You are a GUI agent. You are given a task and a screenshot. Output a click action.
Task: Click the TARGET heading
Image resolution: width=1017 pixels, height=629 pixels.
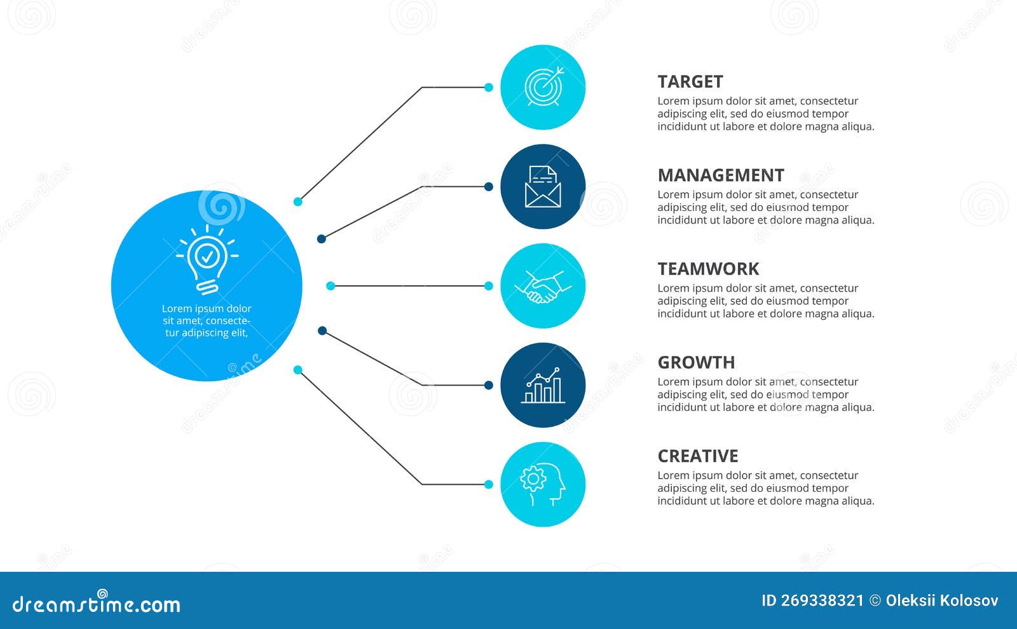(690, 82)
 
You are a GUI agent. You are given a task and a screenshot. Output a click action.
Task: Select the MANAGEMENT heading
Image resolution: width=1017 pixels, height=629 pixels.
(720, 175)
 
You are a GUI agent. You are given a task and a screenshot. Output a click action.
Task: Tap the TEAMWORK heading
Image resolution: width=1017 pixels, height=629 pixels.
(708, 269)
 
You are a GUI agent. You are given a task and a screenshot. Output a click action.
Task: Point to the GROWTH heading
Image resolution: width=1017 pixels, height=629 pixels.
(696, 363)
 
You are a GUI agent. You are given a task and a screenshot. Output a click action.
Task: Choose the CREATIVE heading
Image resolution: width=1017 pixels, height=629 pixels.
(697, 456)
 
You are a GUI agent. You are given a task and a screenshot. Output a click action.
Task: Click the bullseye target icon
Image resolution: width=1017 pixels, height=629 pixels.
(543, 87)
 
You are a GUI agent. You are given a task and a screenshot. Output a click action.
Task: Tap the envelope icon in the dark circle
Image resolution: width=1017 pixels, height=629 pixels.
(543, 187)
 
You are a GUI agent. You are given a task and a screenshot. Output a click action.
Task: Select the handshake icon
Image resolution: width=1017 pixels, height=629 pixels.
(543, 287)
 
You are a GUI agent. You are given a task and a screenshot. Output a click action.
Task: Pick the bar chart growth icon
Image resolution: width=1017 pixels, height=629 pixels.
(543, 386)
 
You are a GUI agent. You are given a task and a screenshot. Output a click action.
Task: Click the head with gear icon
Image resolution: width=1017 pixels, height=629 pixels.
(543, 485)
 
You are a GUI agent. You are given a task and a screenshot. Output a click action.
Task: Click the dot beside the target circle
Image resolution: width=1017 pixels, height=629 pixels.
(489, 88)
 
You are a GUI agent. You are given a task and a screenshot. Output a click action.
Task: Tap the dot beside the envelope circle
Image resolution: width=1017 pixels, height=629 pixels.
(489, 187)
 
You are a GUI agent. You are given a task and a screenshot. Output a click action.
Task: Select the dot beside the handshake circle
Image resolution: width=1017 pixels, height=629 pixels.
(489, 287)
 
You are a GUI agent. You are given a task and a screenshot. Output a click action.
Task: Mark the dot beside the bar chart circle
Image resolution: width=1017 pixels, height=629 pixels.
(489, 385)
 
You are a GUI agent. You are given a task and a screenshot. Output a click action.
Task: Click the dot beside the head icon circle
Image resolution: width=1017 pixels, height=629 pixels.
(489, 485)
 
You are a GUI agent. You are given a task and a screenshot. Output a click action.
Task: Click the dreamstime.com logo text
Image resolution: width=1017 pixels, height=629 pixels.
(96, 604)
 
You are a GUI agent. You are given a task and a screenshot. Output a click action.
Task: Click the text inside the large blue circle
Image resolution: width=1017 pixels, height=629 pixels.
(207, 321)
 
